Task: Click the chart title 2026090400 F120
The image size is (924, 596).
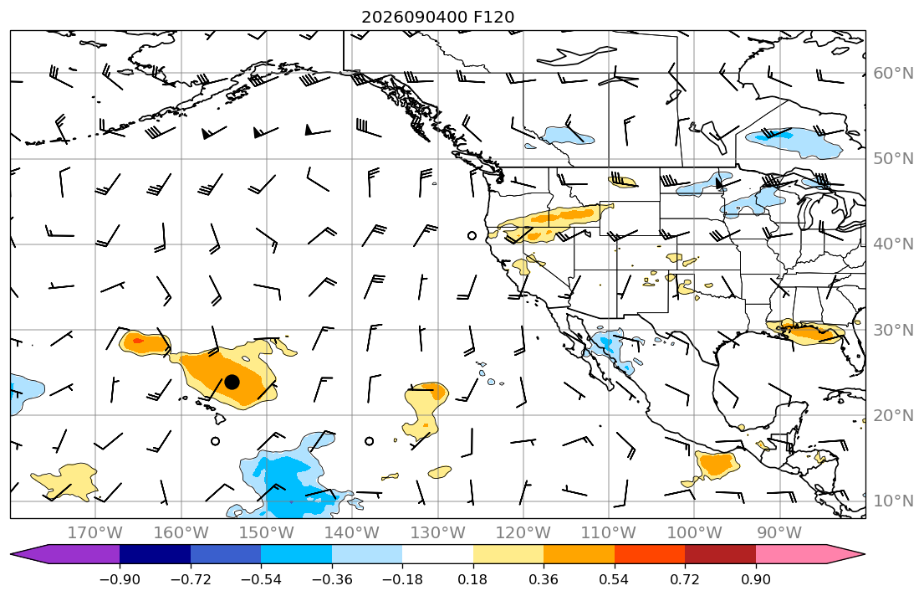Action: (x=437, y=17)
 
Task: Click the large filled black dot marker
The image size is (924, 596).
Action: (x=232, y=382)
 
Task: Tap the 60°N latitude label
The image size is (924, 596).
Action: (x=893, y=73)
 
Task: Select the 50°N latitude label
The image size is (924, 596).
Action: (x=893, y=159)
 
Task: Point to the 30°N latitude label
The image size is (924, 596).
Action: (x=893, y=330)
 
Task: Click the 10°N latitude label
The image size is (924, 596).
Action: (x=893, y=501)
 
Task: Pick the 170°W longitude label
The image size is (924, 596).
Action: (x=95, y=533)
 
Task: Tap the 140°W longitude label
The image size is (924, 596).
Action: (x=352, y=533)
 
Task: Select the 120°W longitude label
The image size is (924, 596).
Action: (x=523, y=533)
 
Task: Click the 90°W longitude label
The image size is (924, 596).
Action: (x=779, y=533)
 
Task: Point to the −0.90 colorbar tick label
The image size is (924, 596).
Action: (x=120, y=579)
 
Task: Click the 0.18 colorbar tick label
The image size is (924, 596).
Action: (x=472, y=579)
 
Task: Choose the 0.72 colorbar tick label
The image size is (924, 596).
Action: (x=685, y=579)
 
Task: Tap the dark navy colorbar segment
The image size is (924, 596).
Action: (x=155, y=554)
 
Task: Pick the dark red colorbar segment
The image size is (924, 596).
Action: (x=720, y=554)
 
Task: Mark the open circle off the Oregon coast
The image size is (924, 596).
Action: (x=472, y=236)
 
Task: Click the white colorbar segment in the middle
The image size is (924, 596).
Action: (x=438, y=554)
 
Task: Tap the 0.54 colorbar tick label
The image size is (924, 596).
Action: (x=614, y=579)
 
